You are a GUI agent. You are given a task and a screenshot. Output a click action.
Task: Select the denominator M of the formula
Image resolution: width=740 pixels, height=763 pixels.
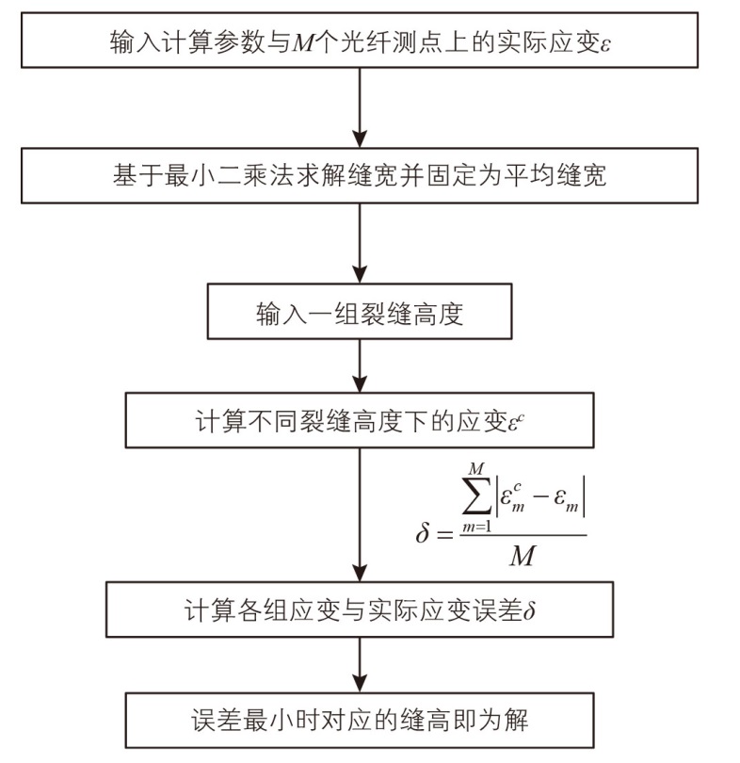pyautogui.click(x=521, y=557)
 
